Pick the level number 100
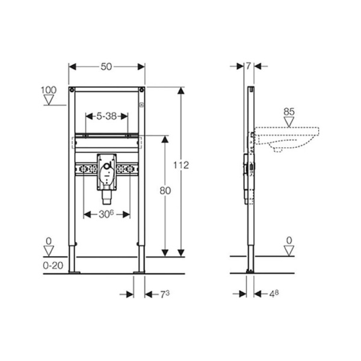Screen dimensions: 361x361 (49, 90)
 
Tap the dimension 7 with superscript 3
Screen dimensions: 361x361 (163, 294)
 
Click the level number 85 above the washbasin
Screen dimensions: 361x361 (290, 111)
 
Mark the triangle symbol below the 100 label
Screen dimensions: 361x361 (49, 100)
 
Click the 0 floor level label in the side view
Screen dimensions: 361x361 (290, 241)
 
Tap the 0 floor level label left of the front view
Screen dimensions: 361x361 (49, 241)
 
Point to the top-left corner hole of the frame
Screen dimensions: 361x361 (72, 91)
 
